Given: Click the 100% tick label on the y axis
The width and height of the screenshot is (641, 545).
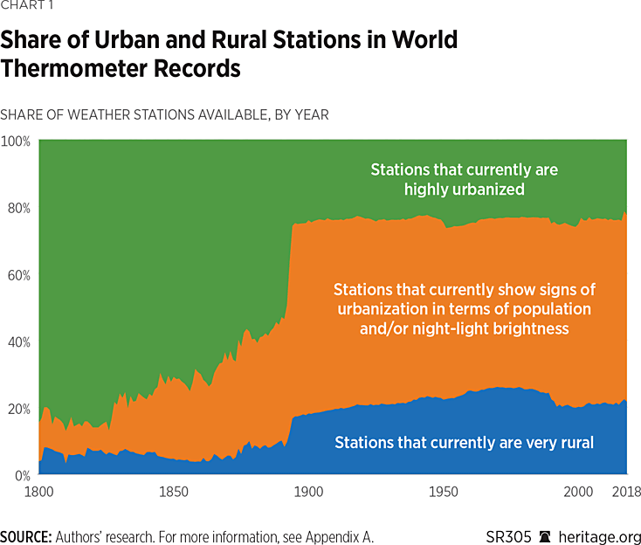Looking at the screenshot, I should pos(16,141).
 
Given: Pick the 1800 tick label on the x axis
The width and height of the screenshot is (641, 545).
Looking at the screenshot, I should pos(39,493).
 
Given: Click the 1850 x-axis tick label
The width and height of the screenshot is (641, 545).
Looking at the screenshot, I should pos(173,493).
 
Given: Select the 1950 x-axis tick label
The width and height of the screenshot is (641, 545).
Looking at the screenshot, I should pos(443,493).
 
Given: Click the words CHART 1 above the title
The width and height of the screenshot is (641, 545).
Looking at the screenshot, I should pos(25,10).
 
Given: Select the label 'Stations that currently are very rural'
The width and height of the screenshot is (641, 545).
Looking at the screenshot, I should pos(464,443).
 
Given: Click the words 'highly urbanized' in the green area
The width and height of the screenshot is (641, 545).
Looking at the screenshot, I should pos(464,188).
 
